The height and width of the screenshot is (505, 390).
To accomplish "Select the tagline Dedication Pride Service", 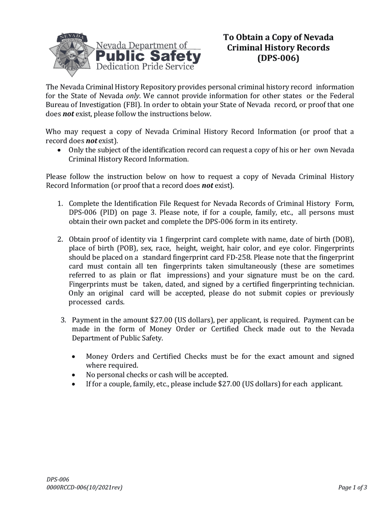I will [145, 67].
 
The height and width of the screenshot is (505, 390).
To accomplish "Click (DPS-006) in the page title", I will [278, 58].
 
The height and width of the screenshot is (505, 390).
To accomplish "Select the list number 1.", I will [60, 204].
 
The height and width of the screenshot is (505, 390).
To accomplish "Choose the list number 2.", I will [60, 239].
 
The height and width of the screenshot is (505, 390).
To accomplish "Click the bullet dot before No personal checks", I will [73, 375].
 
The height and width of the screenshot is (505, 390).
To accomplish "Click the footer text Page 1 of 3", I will [353, 488].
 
